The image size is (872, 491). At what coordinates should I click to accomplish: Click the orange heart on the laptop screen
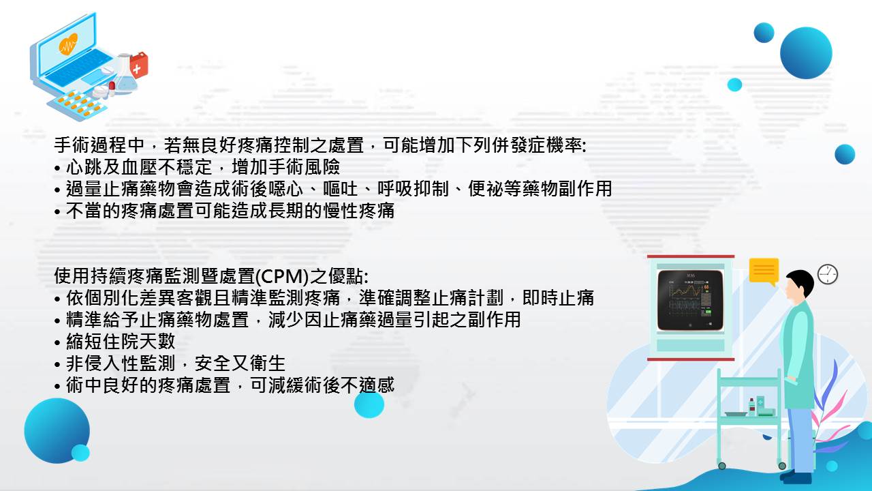click(x=69, y=43)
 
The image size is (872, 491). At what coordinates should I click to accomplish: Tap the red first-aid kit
click(x=139, y=65)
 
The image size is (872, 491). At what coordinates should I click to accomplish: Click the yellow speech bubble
click(x=764, y=271)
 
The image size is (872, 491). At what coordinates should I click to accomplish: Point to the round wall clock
click(x=827, y=274)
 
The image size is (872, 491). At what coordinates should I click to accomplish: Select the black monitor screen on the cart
click(x=690, y=300)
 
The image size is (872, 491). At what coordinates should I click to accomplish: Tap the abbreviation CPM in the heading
click(x=282, y=277)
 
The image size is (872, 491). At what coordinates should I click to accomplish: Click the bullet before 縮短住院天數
click(x=58, y=343)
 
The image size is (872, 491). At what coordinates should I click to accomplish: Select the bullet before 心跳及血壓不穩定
click(x=58, y=168)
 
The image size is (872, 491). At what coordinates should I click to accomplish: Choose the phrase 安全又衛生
click(x=240, y=363)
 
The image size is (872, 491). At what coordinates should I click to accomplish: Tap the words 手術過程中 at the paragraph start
click(x=99, y=146)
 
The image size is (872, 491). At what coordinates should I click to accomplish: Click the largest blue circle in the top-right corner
click(x=806, y=53)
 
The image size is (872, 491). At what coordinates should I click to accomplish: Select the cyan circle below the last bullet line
click(x=369, y=404)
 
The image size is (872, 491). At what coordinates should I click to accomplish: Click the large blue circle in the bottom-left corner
click(x=57, y=430)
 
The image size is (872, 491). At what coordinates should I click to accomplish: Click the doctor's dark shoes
click(x=796, y=477)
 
